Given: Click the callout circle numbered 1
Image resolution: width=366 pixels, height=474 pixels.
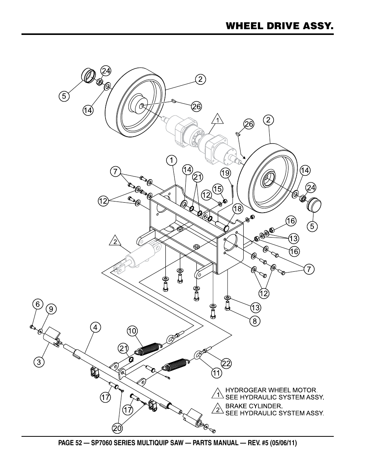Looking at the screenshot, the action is click(x=171, y=161).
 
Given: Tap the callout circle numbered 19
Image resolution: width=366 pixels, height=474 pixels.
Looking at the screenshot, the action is click(x=226, y=173).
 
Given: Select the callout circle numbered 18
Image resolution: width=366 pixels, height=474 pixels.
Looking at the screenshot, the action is click(x=237, y=209).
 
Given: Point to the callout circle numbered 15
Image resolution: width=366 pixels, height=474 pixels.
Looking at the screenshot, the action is click(x=218, y=189).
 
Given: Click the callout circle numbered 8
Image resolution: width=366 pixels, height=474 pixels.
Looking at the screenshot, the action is click(x=255, y=321).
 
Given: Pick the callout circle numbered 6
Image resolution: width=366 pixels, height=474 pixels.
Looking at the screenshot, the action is click(x=38, y=304).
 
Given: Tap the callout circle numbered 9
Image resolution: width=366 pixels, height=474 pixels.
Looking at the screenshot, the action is click(x=51, y=309).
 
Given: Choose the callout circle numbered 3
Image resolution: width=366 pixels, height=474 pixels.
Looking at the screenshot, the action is click(x=39, y=362).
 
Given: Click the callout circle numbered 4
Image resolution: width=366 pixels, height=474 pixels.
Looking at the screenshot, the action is click(x=96, y=327).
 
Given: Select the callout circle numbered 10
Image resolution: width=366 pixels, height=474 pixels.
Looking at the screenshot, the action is click(x=132, y=331).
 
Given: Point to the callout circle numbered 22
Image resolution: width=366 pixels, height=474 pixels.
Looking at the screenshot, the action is click(x=226, y=363).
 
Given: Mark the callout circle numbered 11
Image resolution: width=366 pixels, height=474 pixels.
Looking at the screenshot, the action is click(x=216, y=373).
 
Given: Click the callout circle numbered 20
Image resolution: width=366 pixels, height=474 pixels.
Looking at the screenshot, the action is click(x=117, y=428).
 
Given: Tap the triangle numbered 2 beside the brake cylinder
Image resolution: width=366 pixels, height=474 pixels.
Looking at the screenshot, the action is click(x=115, y=241).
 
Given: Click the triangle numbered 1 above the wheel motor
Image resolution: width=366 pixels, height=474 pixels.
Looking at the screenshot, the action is click(x=217, y=119).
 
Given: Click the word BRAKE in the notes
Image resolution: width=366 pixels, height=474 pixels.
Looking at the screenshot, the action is click(x=236, y=406).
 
